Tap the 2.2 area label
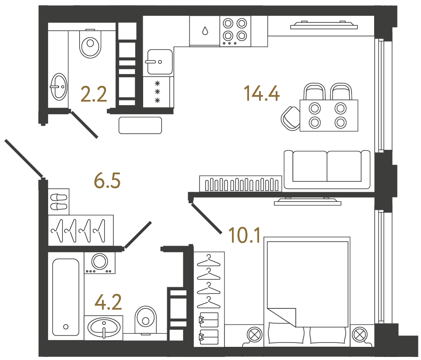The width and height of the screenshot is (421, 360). click(94, 94)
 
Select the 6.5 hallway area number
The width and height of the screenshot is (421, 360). click(107, 180)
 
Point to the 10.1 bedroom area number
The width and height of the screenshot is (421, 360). click(245, 236)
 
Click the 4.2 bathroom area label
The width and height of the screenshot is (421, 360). click(108, 302)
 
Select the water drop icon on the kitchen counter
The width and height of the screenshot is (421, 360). click(204, 31)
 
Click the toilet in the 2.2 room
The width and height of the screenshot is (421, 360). click(91, 43)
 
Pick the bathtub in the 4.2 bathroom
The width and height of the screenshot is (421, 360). click(66, 296)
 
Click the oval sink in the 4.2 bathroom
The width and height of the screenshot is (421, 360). click(104, 327)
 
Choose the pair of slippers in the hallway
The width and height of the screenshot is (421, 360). click(58, 202)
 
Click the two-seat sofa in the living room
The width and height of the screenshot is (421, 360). click(327, 168)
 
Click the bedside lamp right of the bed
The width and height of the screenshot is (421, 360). click(359, 335)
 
